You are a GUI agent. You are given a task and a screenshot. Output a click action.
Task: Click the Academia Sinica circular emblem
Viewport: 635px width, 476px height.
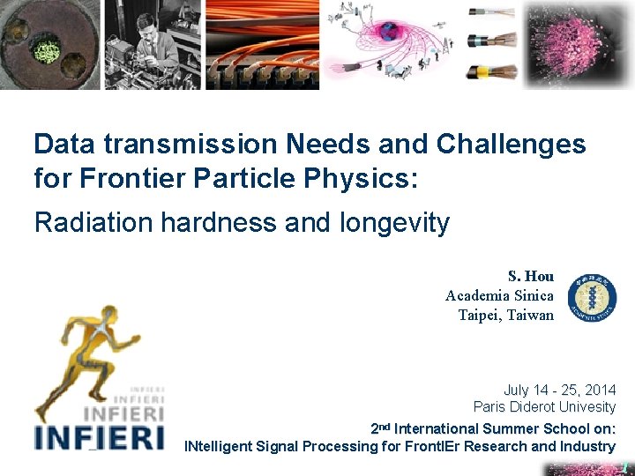coord(592,297)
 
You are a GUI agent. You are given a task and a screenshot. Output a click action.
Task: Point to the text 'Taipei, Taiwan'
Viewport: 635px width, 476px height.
coord(505,315)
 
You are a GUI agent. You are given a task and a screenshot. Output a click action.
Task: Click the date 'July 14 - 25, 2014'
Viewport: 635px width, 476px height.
coord(559,390)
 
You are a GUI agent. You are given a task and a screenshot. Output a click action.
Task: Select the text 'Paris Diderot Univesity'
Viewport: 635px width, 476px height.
coord(543,407)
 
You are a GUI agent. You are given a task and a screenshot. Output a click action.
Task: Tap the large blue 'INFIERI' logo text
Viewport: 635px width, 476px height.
coord(99,436)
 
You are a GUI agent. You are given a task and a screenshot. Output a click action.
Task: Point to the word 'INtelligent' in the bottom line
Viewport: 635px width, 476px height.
coord(218,446)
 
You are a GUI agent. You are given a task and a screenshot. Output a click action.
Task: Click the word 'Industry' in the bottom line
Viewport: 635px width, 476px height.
coord(586,446)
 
